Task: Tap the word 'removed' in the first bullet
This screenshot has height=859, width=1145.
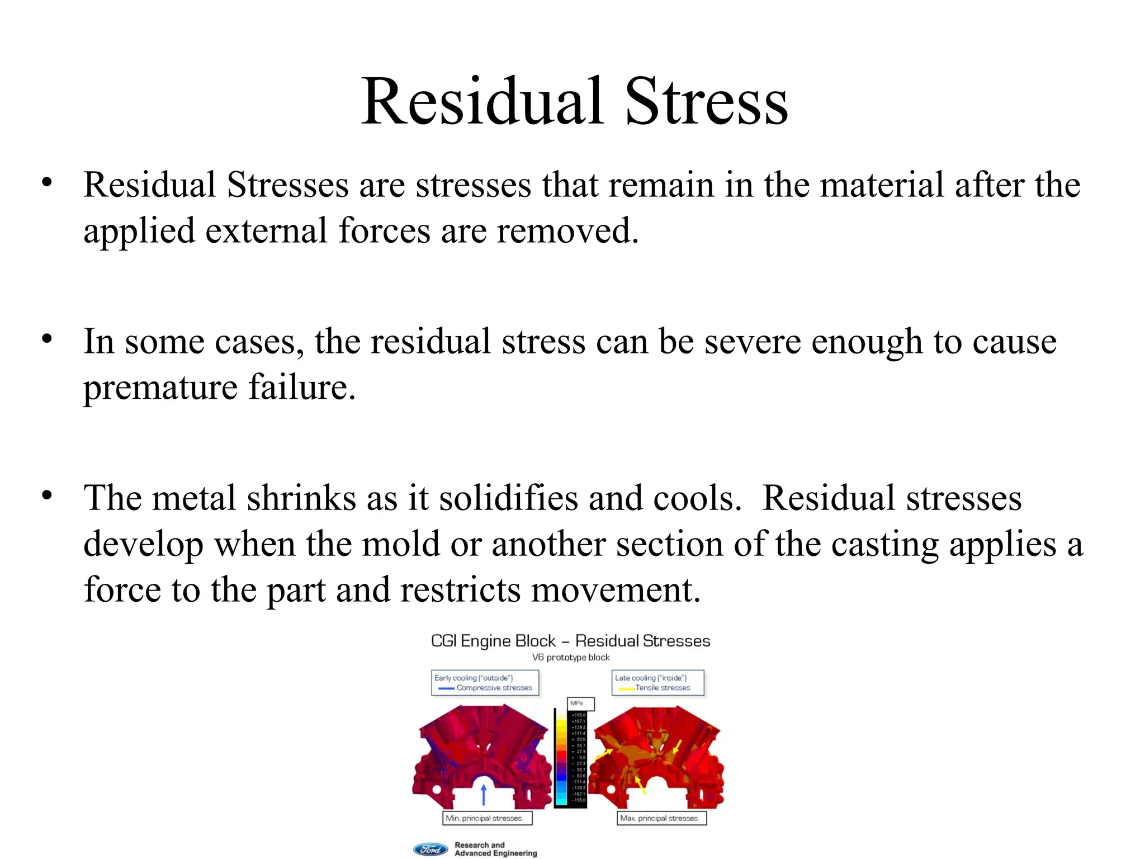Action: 565,231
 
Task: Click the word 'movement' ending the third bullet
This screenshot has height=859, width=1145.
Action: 612,590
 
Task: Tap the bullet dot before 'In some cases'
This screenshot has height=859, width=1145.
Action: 47,339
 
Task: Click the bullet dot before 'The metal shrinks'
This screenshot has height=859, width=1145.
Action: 47,495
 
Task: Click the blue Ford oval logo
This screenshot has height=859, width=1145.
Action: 430,849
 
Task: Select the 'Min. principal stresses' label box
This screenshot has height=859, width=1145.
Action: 486,818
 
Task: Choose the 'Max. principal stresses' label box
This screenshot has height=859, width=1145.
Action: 661,818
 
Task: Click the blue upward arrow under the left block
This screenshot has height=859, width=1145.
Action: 484,794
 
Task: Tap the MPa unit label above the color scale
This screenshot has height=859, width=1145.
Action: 578,704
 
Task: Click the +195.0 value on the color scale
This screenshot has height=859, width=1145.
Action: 579,715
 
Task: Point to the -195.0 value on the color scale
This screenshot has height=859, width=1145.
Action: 579,800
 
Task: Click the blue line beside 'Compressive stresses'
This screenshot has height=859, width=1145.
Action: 446,688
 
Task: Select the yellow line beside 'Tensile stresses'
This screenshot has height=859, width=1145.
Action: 626,688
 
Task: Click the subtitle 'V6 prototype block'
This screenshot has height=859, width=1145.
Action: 570,658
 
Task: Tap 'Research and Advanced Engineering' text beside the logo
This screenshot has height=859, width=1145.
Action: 495,849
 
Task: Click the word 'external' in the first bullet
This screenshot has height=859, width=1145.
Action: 266,231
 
